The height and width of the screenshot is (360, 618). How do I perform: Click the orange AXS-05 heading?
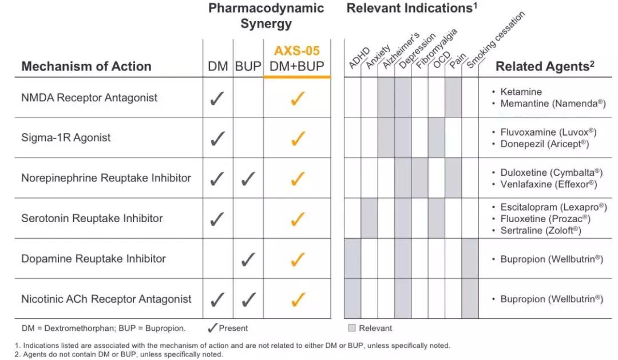(x=297, y=51)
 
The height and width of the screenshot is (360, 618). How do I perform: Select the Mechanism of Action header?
(x=86, y=66)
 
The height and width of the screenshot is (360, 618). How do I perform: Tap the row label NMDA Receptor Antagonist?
(x=89, y=98)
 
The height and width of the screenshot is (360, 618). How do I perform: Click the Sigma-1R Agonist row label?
(x=66, y=137)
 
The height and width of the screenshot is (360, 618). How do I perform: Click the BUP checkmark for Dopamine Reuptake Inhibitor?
(x=248, y=259)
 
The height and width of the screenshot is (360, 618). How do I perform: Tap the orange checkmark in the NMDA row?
(x=298, y=98)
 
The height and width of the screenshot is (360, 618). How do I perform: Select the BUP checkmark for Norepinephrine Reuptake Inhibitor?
(x=248, y=179)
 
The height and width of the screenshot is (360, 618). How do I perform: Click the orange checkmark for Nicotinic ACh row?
(x=298, y=299)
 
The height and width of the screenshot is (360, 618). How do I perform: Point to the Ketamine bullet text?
(x=521, y=92)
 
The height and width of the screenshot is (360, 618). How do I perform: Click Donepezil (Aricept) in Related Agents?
(x=545, y=144)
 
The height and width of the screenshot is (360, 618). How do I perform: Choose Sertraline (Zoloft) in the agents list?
(x=541, y=230)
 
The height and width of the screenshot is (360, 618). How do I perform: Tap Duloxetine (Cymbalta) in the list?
(x=552, y=173)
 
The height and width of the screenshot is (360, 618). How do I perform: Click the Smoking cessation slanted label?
(x=496, y=39)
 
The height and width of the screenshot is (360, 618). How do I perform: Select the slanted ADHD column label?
(x=359, y=58)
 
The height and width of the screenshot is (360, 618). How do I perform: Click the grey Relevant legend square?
(x=352, y=328)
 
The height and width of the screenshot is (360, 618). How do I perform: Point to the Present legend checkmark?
(x=212, y=327)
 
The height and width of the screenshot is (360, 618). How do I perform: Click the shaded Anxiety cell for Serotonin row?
(x=369, y=218)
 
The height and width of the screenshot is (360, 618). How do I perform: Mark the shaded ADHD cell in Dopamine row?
(x=352, y=258)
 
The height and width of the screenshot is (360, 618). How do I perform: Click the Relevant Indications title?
(x=411, y=8)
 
